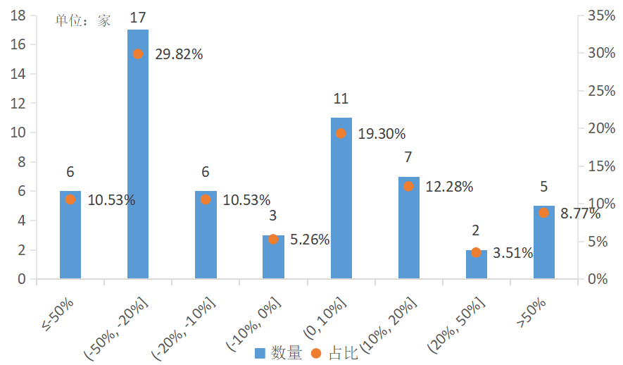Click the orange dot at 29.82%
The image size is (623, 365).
(138, 54)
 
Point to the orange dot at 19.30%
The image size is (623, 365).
(341, 133)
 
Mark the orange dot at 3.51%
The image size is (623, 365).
(477, 252)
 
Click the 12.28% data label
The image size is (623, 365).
(449, 187)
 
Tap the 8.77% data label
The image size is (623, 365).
(580, 214)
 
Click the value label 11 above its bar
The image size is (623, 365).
(341, 99)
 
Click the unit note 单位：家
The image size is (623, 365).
(83, 20)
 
